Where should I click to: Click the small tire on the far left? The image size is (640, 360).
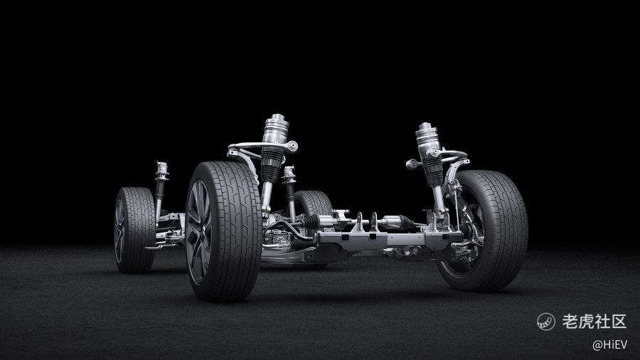pyautogui.click(x=134, y=230)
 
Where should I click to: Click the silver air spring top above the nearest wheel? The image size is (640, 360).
pyautogui.click(x=277, y=129)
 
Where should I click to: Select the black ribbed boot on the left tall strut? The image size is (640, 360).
pyautogui.click(x=272, y=164)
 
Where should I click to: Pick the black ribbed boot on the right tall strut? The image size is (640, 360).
pyautogui.click(x=432, y=171)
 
